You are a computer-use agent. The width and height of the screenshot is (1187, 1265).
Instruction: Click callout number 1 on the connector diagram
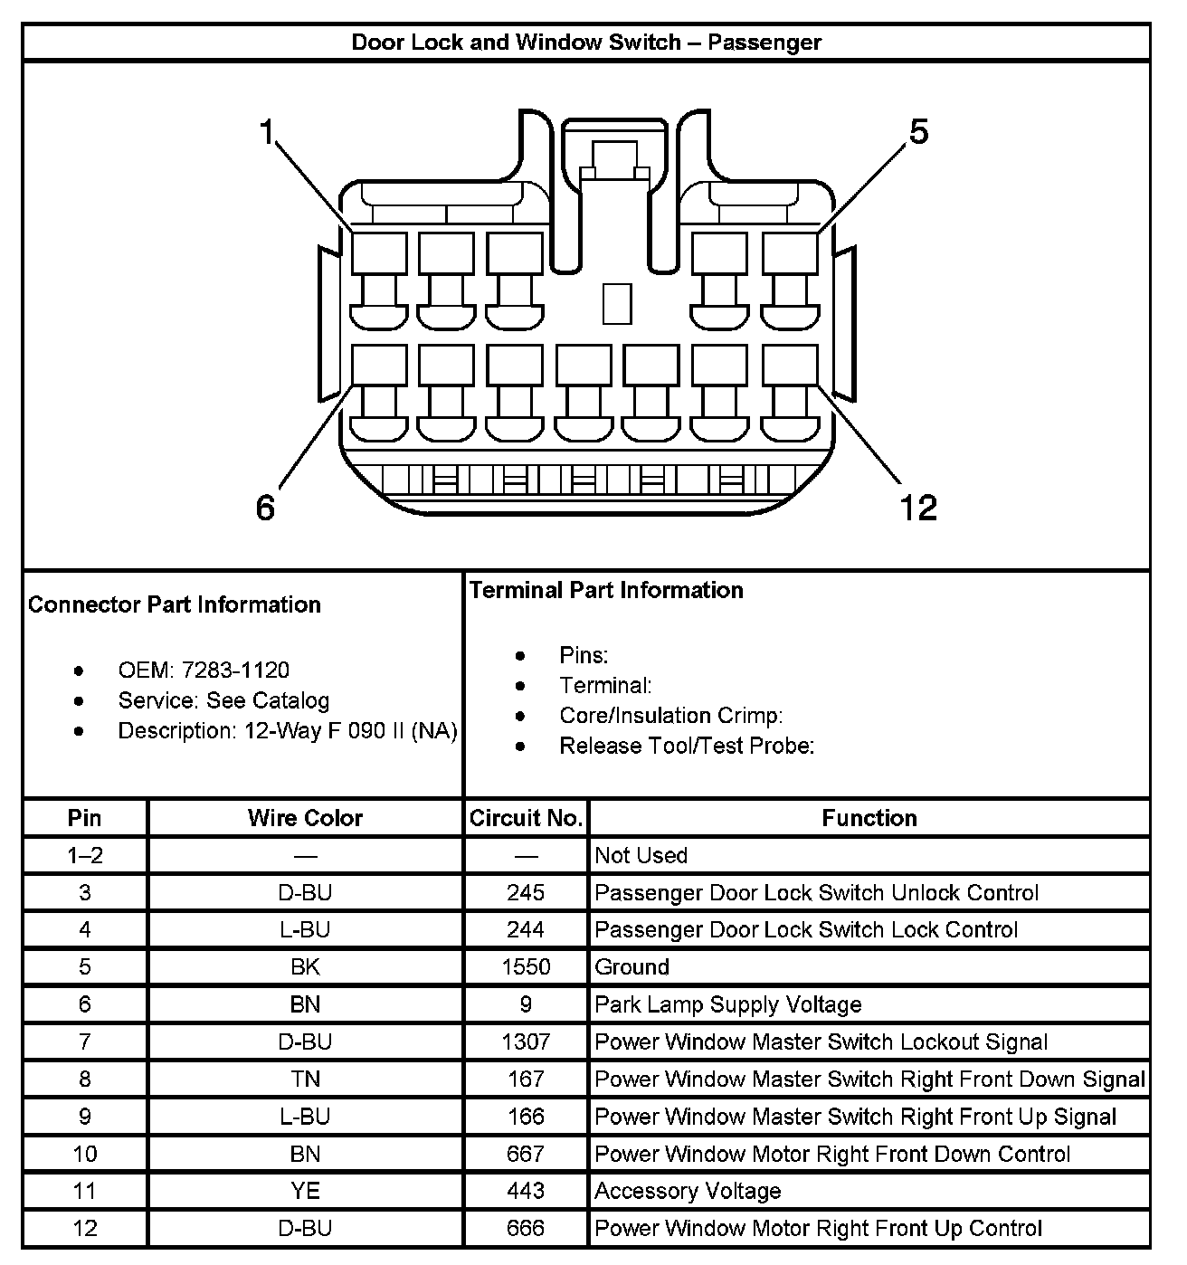point(266,132)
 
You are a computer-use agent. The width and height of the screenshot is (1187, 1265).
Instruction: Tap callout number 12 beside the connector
point(917,507)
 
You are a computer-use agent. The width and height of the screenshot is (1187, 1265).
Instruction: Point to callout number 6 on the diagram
point(264,508)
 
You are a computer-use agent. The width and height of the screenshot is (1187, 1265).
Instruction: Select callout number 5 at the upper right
point(918,132)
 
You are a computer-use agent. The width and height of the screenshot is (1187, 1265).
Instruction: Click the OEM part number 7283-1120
point(235,671)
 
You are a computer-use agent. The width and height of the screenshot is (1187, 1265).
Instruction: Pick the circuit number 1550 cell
point(526,967)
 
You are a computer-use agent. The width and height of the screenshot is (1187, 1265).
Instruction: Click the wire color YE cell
point(305,1191)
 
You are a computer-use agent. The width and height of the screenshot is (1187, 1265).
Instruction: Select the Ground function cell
point(631,967)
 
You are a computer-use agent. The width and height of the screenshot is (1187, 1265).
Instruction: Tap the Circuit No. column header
point(526,818)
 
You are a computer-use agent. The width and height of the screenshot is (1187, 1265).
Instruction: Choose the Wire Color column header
point(305,818)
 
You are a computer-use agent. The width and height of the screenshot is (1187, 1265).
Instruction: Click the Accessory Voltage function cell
point(688,1191)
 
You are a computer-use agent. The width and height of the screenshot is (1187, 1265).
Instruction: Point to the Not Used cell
point(641,855)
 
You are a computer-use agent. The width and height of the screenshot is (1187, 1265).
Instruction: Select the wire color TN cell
point(305,1079)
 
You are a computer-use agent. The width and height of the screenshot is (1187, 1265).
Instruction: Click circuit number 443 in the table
point(526,1191)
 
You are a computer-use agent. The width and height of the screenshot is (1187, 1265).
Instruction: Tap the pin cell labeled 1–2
point(84,855)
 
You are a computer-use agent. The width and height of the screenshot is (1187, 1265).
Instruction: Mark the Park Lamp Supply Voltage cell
point(727,1004)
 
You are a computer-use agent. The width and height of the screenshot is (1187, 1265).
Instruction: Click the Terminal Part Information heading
point(606,591)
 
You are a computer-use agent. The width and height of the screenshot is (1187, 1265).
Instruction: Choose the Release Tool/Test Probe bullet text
point(687,746)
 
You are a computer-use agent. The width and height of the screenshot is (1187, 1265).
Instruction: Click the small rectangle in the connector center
point(617,303)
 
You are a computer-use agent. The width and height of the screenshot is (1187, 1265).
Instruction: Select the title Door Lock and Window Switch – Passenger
point(586,43)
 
